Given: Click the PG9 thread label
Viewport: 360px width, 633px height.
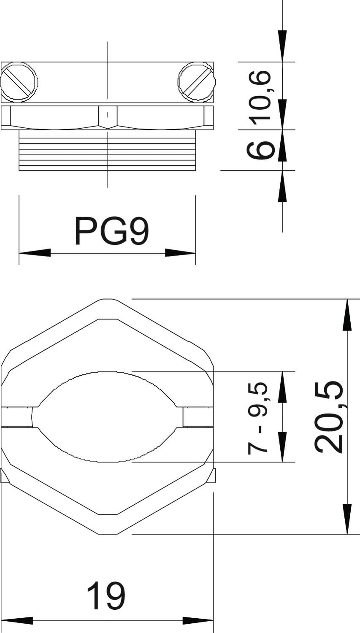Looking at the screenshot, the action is coord(111,231).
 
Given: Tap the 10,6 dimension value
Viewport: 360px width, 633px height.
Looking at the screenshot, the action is coord(261,98).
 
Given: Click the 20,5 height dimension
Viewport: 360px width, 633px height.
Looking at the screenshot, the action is coord(328,417).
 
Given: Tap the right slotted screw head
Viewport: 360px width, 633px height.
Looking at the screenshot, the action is coord(197,82).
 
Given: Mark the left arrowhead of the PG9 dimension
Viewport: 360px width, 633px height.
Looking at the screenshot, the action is coord(35,253).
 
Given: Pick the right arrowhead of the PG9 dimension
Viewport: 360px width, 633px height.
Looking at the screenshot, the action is coord(180,253).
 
